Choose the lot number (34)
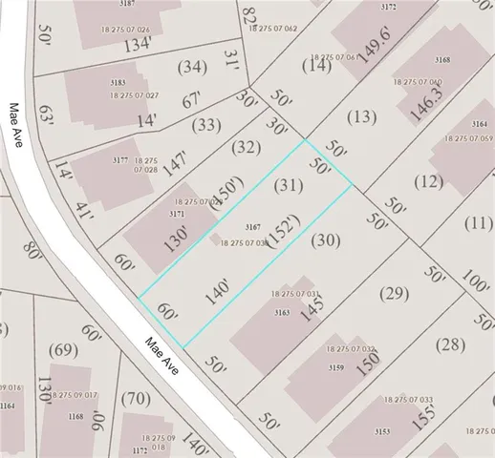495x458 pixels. [x=192, y=67]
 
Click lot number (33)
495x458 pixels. [x=206, y=124]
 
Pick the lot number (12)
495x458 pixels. [x=429, y=181]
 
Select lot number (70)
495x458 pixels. [x=137, y=398]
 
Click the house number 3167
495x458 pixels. [x=253, y=226]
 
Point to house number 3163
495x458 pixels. [x=282, y=312]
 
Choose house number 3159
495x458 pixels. [x=335, y=367]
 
